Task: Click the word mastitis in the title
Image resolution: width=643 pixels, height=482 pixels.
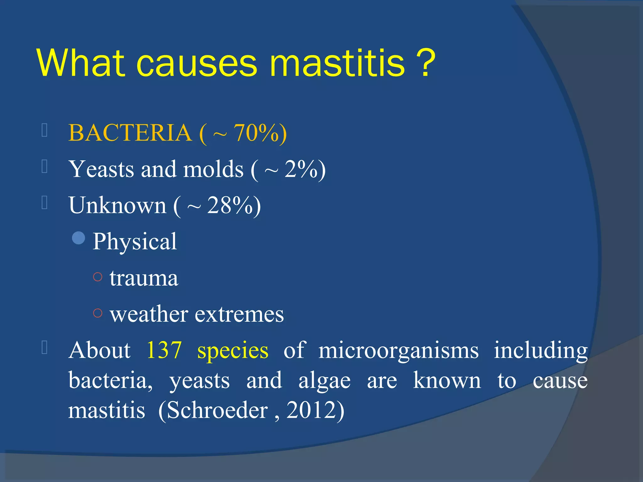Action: pyautogui.click(x=337, y=64)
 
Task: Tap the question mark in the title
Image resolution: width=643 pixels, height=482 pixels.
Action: pyautogui.click(x=425, y=64)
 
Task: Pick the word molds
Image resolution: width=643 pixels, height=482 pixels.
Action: pyautogui.click(x=213, y=169)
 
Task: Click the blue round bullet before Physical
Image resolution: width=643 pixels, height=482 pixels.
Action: pyautogui.click(x=78, y=238)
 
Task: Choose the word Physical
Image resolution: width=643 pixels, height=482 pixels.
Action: pyautogui.click(x=135, y=242)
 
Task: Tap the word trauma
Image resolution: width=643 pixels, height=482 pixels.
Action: pyautogui.click(x=144, y=278)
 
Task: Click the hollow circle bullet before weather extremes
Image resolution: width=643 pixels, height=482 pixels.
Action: pyautogui.click(x=98, y=313)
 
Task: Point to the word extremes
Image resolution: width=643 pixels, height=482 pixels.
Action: pyautogui.click(x=239, y=314)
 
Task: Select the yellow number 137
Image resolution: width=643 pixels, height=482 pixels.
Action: pyautogui.click(x=164, y=350)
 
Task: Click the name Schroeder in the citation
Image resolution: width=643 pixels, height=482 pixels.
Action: pyautogui.click(x=217, y=410)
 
